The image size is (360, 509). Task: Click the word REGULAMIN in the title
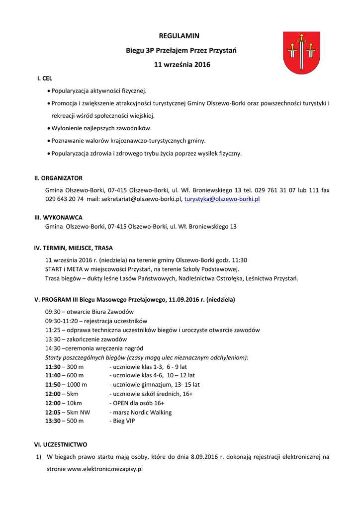[x=179, y=36]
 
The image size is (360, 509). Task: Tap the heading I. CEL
[x=45, y=79]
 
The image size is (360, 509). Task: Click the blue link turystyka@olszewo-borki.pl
[x=222, y=199]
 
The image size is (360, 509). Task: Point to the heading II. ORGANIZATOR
[x=58, y=178]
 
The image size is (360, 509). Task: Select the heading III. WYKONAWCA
[x=58, y=218]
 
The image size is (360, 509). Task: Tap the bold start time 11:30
[x=53, y=367]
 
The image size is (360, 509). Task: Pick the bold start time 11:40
[x=53, y=376]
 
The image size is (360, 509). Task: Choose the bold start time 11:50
[x=53, y=385]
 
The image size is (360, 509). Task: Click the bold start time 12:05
[x=53, y=412]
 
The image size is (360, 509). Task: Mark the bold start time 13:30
[x=53, y=421]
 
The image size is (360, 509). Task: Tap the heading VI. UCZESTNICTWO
[x=61, y=445]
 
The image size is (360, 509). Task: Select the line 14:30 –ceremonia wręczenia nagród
[x=94, y=348]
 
